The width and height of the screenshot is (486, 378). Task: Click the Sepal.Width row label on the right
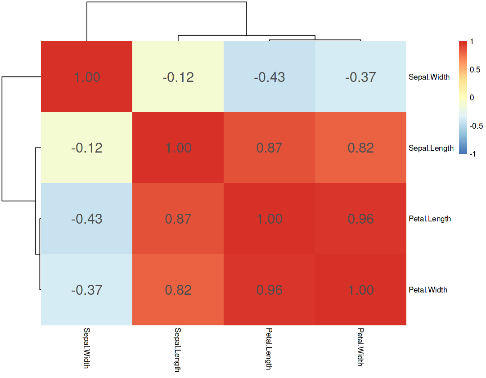tap(429, 77)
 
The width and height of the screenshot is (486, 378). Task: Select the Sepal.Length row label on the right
tap(431, 148)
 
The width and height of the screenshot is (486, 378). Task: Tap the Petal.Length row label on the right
tap(430, 219)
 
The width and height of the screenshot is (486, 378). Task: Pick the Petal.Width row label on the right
tap(428, 290)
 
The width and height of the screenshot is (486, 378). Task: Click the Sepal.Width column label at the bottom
tap(87, 346)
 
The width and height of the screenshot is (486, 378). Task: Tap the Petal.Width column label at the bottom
tap(360, 346)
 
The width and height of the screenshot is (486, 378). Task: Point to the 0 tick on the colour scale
tap(472, 98)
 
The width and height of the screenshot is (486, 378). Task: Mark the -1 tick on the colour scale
tap(473, 154)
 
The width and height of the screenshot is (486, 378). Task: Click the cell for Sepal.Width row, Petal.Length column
tap(269, 77)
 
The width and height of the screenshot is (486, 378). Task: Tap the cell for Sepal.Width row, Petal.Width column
tap(360, 77)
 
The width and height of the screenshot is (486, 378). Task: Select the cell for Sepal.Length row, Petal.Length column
tap(269, 148)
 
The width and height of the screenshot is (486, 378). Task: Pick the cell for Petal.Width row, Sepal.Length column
tap(178, 290)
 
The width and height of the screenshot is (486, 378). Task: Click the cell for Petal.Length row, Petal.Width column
tap(360, 219)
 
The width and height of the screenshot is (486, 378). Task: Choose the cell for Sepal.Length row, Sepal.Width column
tap(87, 148)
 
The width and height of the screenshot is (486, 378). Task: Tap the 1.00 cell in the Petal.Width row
tap(360, 290)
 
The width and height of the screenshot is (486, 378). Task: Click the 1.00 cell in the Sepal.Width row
tap(87, 77)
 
